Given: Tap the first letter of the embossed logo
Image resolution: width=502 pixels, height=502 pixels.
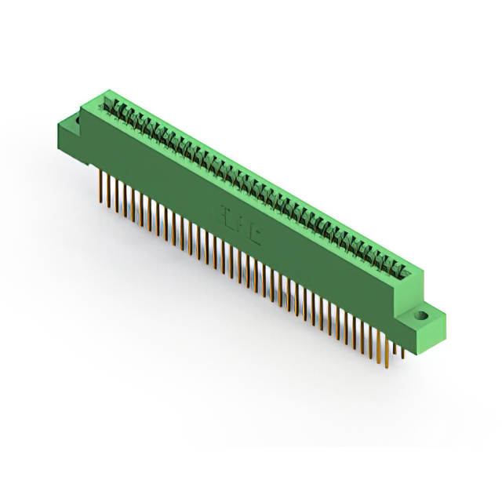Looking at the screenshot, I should [x=221, y=213].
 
